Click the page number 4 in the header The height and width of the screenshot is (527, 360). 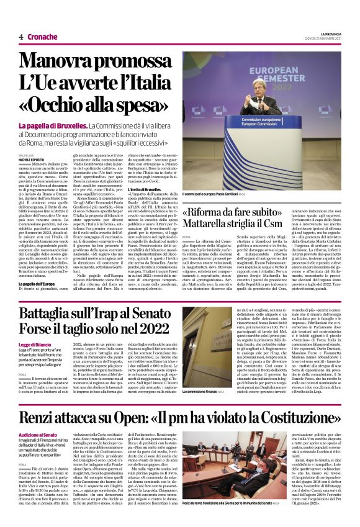tap(20, 37)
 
